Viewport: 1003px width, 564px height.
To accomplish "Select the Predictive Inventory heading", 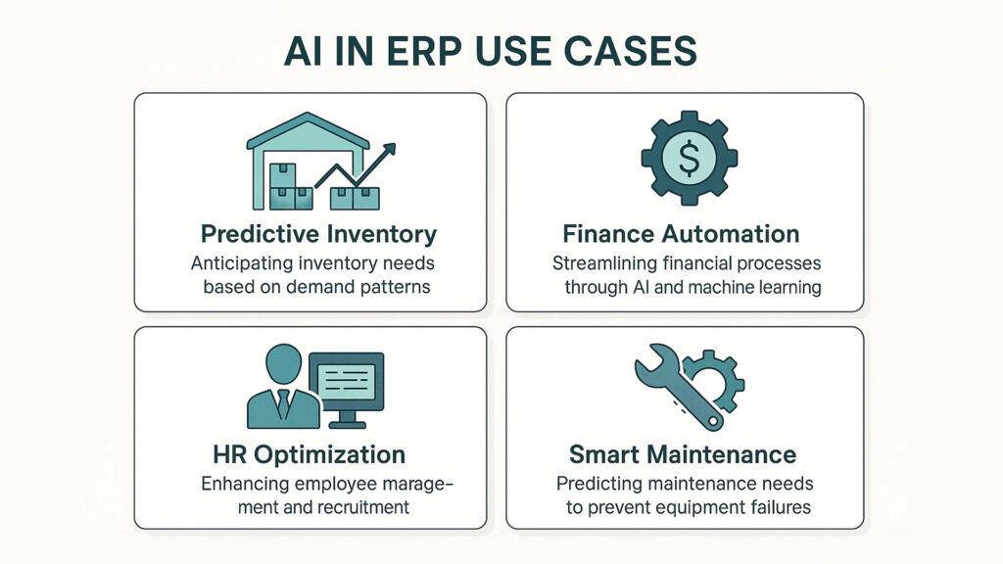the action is point(318,234).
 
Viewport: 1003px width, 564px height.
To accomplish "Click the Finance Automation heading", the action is point(682,234).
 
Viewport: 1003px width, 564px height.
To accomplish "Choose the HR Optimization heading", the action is point(309,454).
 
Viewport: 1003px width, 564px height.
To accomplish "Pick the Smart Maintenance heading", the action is point(683,454).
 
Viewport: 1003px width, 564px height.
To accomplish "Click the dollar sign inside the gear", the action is point(689,159).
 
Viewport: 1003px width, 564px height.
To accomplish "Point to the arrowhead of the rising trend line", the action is point(388,151).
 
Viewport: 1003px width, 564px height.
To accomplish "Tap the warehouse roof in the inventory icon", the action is point(308,130).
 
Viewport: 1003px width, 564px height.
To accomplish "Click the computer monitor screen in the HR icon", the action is point(346,382).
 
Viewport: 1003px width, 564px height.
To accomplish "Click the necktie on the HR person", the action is point(282,404).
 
